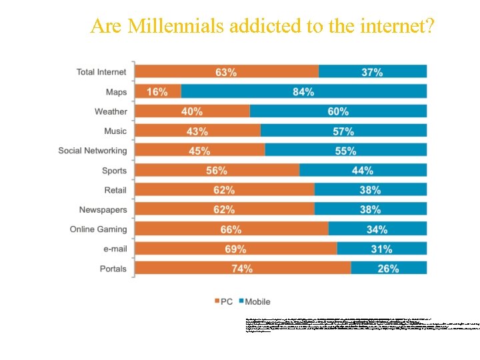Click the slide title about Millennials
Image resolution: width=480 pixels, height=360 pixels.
(x=263, y=26)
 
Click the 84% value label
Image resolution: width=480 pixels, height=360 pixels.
(x=303, y=92)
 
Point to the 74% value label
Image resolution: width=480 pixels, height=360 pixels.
(x=242, y=269)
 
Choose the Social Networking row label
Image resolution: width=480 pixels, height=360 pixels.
(x=92, y=151)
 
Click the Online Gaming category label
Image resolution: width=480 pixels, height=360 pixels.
(x=98, y=229)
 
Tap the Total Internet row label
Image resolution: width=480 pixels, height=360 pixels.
(x=101, y=72)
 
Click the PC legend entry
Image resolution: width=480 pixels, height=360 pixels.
(x=223, y=301)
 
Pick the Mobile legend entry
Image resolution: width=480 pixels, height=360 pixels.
(x=254, y=301)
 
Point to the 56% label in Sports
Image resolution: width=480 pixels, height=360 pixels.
(x=217, y=171)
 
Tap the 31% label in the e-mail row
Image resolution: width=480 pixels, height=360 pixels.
(x=381, y=249)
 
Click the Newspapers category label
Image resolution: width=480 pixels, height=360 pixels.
(x=103, y=209)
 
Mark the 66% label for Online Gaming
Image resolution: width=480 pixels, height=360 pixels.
(x=231, y=229)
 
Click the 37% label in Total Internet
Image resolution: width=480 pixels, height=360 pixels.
(x=372, y=72)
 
